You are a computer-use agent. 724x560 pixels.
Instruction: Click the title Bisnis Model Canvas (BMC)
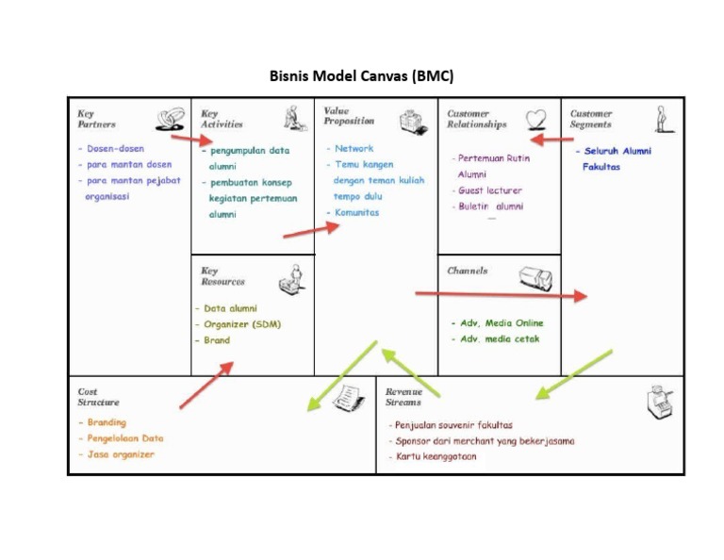tap(362, 74)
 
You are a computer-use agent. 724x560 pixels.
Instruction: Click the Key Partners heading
tap(97, 119)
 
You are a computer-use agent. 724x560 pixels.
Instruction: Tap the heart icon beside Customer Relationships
tap(535, 119)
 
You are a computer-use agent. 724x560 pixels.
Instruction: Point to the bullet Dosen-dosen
tap(115, 149)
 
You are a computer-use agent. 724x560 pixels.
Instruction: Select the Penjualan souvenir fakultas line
tap(454, 425)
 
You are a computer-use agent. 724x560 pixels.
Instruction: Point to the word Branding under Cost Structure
tap(107, 422)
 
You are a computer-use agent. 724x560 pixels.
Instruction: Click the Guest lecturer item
tap(489, 190)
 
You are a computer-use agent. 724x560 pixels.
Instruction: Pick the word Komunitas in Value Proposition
tap(356, 213)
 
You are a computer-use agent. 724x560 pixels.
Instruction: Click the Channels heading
tap(468, 271)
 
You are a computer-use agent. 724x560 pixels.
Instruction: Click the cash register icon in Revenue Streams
tap(660, 403)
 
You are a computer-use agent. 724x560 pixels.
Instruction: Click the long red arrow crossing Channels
tap(500, 295)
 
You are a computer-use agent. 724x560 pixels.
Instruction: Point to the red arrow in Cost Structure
tap(206, 386)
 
